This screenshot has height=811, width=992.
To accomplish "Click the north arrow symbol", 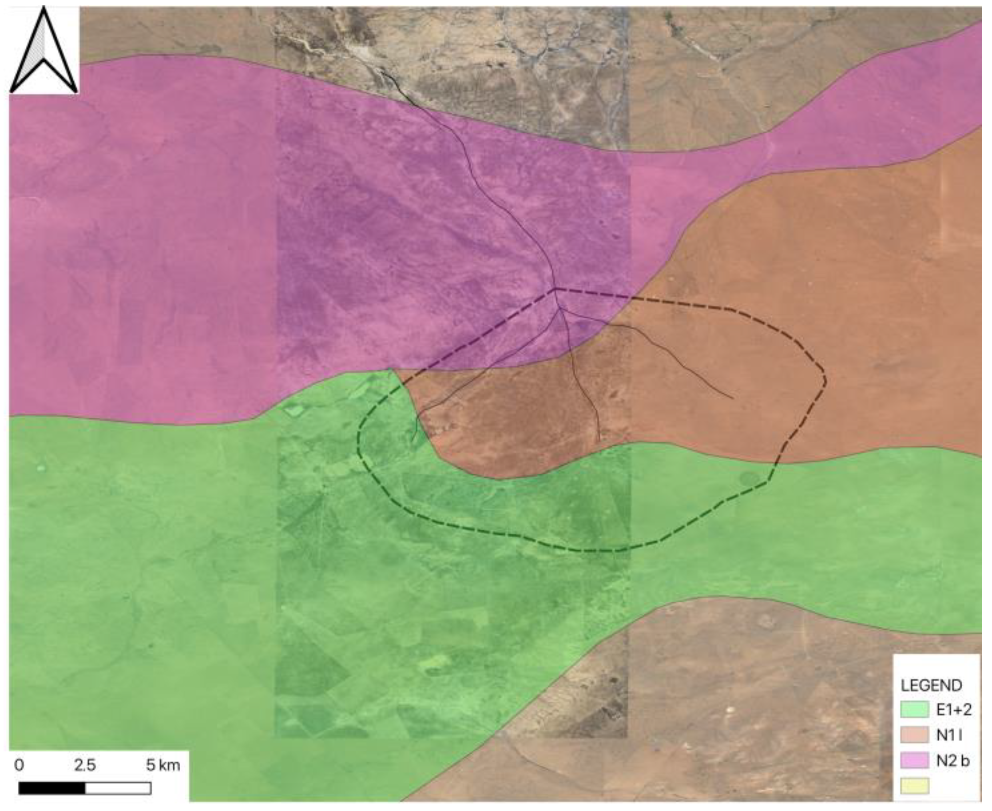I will (44, 52).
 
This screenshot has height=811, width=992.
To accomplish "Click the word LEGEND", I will (931, 685).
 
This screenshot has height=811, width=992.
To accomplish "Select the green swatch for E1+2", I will (914, 710).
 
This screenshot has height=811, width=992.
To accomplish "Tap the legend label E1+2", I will (953, 710).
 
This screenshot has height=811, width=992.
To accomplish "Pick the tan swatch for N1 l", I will (914, 735).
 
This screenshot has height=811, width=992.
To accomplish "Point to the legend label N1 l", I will (948, 735).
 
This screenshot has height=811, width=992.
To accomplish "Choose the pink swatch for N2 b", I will (914, 760).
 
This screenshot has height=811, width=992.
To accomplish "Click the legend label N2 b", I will (952, 760).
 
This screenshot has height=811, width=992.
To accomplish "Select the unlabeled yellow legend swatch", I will (914, 785).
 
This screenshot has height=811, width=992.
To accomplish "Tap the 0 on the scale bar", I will (19, 765).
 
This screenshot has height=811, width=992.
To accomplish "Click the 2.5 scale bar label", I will (84, 765).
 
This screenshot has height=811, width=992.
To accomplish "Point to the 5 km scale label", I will (163, 765).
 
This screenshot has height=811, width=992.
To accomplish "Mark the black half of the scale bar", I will (52, 788).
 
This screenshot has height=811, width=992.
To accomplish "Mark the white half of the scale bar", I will (118, 788).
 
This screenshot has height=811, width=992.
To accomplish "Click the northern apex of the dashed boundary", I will (556, 289).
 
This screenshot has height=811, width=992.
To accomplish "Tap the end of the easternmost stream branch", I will (732, 398).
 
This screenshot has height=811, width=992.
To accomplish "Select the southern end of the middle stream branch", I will (599, 441).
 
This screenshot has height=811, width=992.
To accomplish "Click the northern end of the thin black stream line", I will (381, 71).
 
